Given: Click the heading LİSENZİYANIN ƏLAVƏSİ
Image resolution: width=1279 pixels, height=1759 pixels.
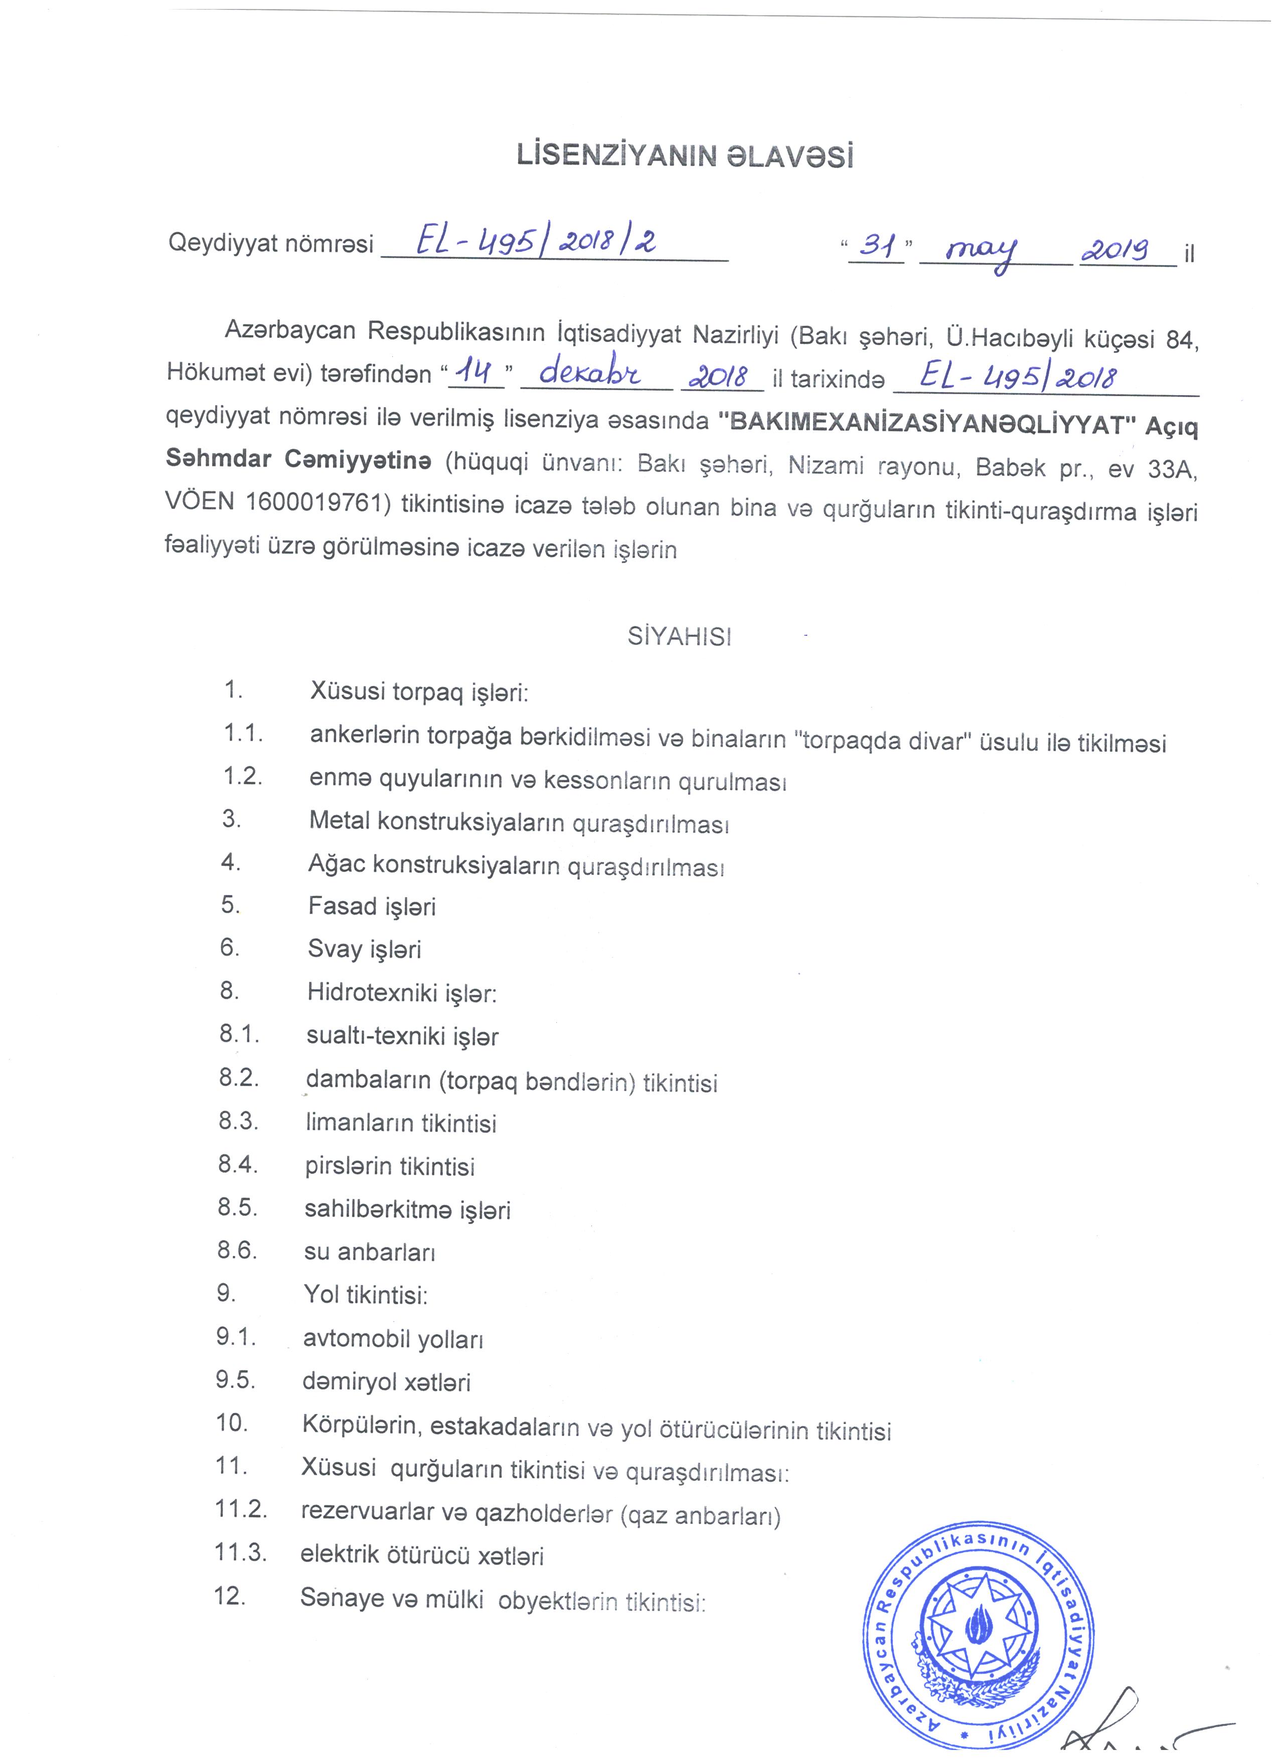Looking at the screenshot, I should click(685, 156).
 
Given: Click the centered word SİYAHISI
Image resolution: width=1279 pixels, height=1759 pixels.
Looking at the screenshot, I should click(680, 637).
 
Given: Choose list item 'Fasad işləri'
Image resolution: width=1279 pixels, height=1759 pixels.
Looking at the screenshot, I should click(372, 906).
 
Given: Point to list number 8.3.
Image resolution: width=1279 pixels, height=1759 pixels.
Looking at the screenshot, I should click(238, 1122).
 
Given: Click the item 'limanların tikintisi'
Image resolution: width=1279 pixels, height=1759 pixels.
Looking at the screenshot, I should click(401, 1124).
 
